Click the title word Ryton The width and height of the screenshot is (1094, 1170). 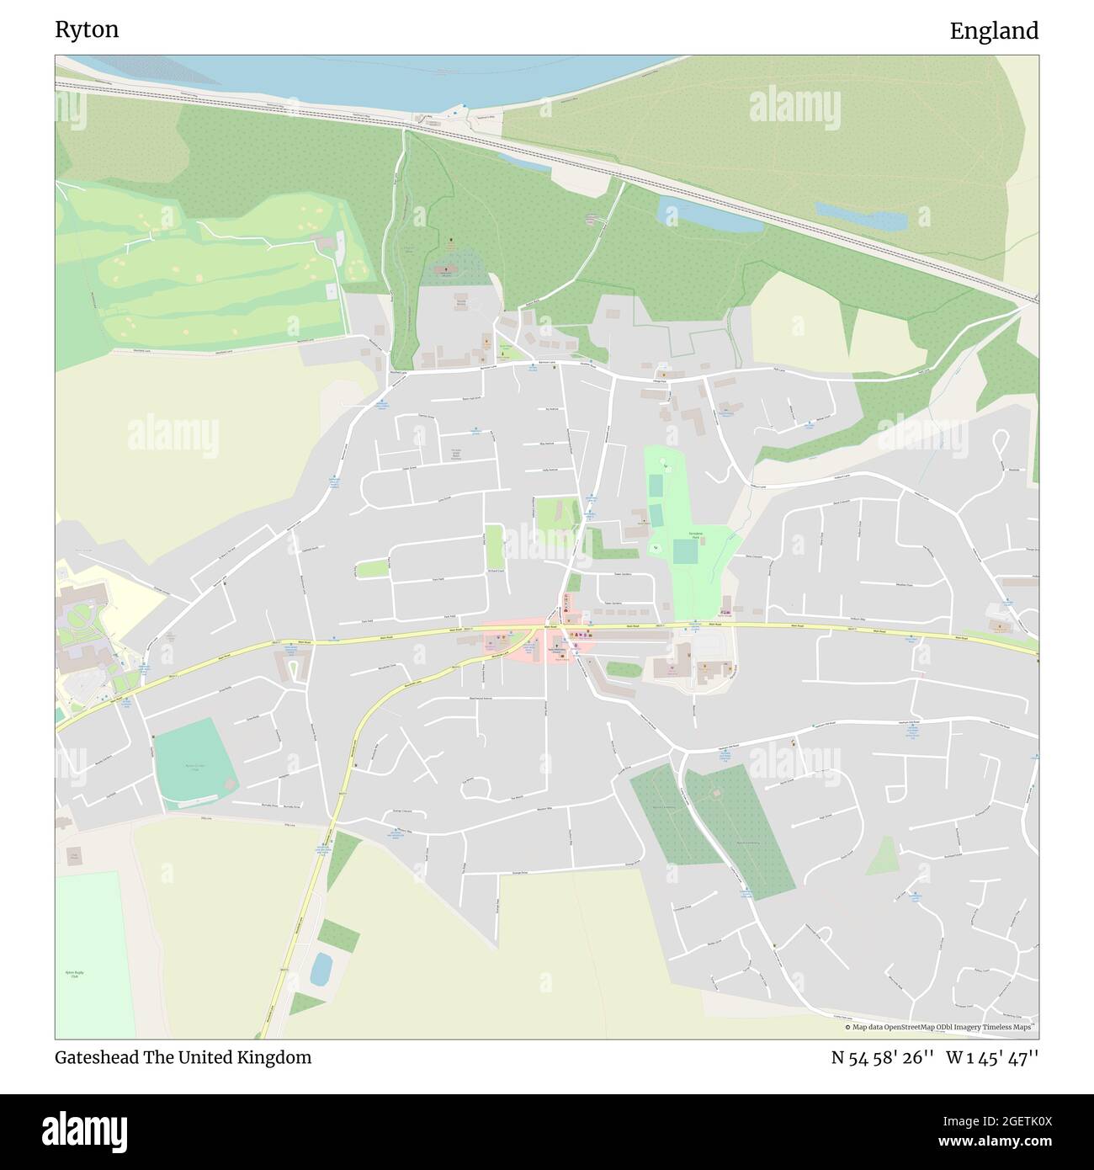tap(87, 30)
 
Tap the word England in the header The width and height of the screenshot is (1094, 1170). tap(994, 31)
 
